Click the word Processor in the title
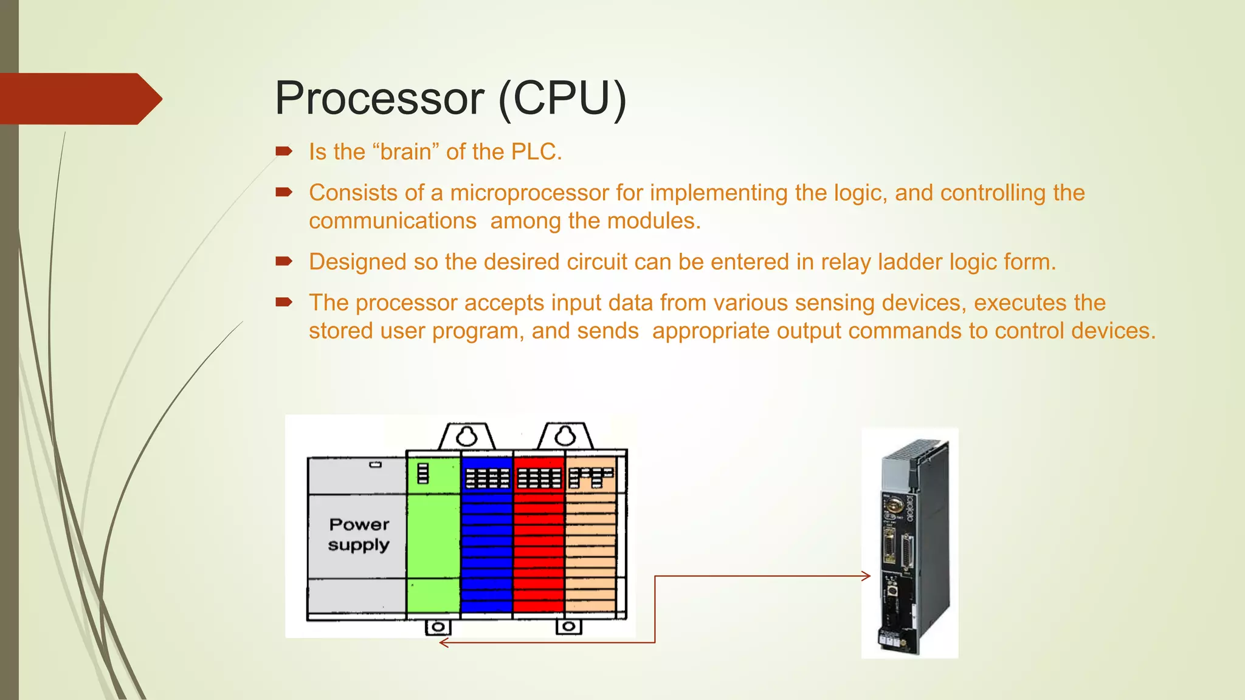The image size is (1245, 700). (379, 98)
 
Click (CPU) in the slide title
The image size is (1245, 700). (562, 98)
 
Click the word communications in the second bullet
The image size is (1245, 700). (392, 221)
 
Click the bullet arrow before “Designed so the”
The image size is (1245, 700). (284, 262)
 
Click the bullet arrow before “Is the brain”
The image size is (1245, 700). (284, 151)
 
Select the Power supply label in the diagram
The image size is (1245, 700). (359, 535)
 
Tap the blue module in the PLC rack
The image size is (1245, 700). (486, 547)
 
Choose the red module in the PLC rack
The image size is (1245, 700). (539, 547)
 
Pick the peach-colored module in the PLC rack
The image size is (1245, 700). (590, 547)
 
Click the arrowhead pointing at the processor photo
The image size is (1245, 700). (866, 576)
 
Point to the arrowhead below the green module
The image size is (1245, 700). (444, 643)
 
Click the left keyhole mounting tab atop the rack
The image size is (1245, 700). (467, 436)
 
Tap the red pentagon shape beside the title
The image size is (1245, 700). (79, 99)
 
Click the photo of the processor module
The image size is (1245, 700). (910, 543)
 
